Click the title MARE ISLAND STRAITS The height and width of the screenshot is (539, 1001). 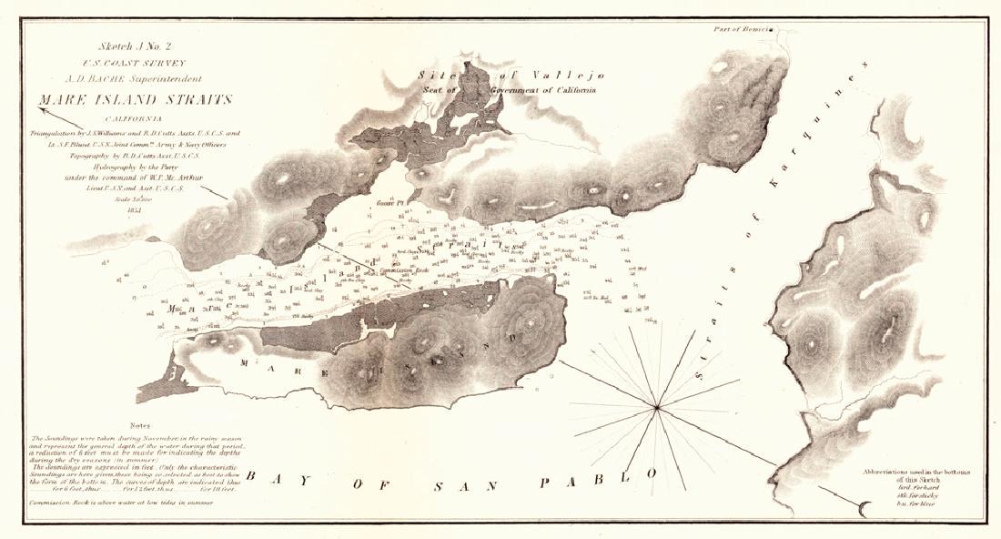tap(135, 99)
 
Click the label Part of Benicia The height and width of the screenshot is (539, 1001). tap(743, 29)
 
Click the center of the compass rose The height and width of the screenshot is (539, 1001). tap(655, 404)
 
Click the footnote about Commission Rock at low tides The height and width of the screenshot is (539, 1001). tap(122, 503)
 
